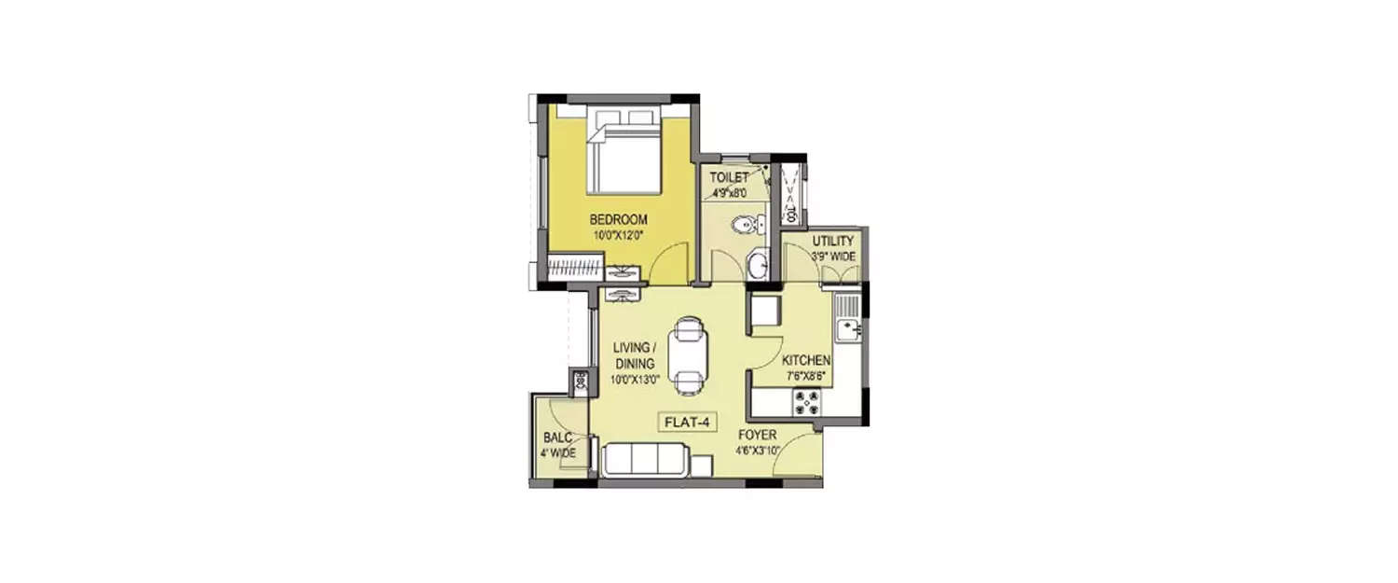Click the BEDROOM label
coord(618,220)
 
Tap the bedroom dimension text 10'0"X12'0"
coord(618,235)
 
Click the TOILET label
coord(730,177)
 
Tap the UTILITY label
coord(832,242)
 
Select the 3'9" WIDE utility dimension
coord(832,257)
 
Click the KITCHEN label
coord(806,361)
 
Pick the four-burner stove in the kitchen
coord(807,402)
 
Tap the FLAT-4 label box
coord(688,423)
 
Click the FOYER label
coord(757,436)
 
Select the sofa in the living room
coord(646,460)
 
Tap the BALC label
coord(558,438)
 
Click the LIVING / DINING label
coord(634,355)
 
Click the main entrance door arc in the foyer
coord(797,456)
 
